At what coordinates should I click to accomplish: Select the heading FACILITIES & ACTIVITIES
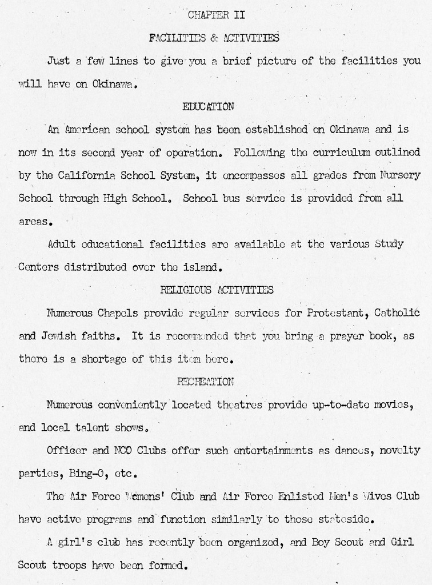(x=214, y=38)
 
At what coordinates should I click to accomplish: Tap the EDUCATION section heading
(x=208, y=106)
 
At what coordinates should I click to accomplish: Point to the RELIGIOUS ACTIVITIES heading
(x=217, y=290)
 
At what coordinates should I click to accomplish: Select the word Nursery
(x=399, y=175)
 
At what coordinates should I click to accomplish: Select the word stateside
(x=342, y=519)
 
